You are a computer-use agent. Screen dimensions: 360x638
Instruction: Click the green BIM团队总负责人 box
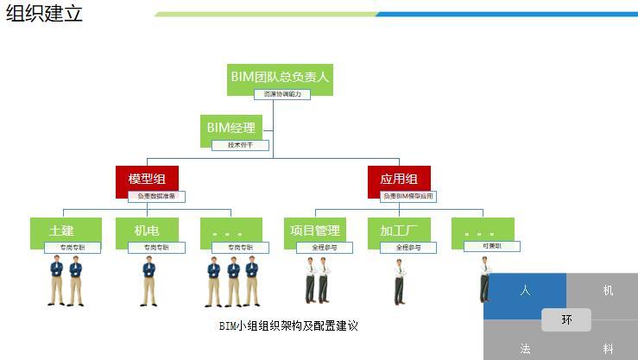(x=280, y=77)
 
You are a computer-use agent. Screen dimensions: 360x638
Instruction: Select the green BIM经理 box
(x=231, y=128)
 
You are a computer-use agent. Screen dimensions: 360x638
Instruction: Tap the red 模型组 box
(x=147, y=179)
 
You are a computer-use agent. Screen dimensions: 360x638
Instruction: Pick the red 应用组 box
(x=399, y=179)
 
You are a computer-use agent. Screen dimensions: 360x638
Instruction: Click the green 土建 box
(x=61, y=231)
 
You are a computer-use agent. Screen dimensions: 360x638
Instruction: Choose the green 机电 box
(x=147, y=231)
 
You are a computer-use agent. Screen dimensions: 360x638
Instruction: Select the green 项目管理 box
(x=315, y=231)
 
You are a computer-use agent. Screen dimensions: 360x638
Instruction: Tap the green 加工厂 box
(x=399, y=231)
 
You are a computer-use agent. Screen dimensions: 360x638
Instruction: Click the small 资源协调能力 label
(x=281, y=94)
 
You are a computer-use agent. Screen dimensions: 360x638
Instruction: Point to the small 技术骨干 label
(x=240, y=145)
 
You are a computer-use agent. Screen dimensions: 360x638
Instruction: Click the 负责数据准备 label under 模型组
(x=156, y=197)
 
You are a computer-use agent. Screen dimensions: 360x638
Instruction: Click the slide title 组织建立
(x=44, y=13)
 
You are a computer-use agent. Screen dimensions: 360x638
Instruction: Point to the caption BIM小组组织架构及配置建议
(x=288, y=325)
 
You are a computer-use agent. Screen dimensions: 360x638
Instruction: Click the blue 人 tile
(x=525, y=292)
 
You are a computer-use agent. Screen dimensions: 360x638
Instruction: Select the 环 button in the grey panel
(x=566, y=319)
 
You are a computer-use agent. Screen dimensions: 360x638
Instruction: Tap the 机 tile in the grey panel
(x=608, y=291)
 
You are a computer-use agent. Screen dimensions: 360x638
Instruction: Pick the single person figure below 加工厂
(x=399, y=281)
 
